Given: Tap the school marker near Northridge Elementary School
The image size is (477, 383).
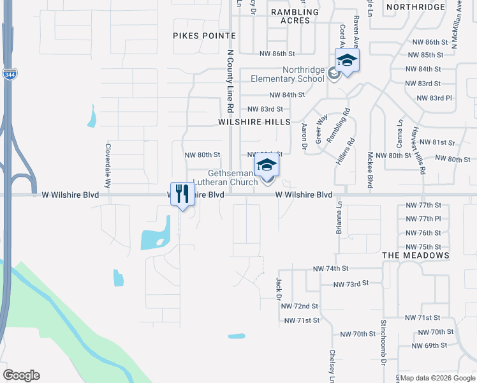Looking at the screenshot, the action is pyautogui.click(x=347, y=61).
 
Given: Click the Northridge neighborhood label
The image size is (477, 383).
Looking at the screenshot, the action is pyautogui.click(x=415, y=7).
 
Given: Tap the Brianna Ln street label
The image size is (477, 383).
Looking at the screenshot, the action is pyautogui.click(x=340, y=218).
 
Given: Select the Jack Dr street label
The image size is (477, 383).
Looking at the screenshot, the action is pyautogui.click(x=279, y=288).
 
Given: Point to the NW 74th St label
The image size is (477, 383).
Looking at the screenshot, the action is pyautogui.click(x=330, y=269).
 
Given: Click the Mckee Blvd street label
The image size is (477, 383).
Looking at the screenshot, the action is pyautogui.click(x=369, y=170).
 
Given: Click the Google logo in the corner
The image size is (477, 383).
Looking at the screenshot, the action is pyautogui.click(x=21, y=375).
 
